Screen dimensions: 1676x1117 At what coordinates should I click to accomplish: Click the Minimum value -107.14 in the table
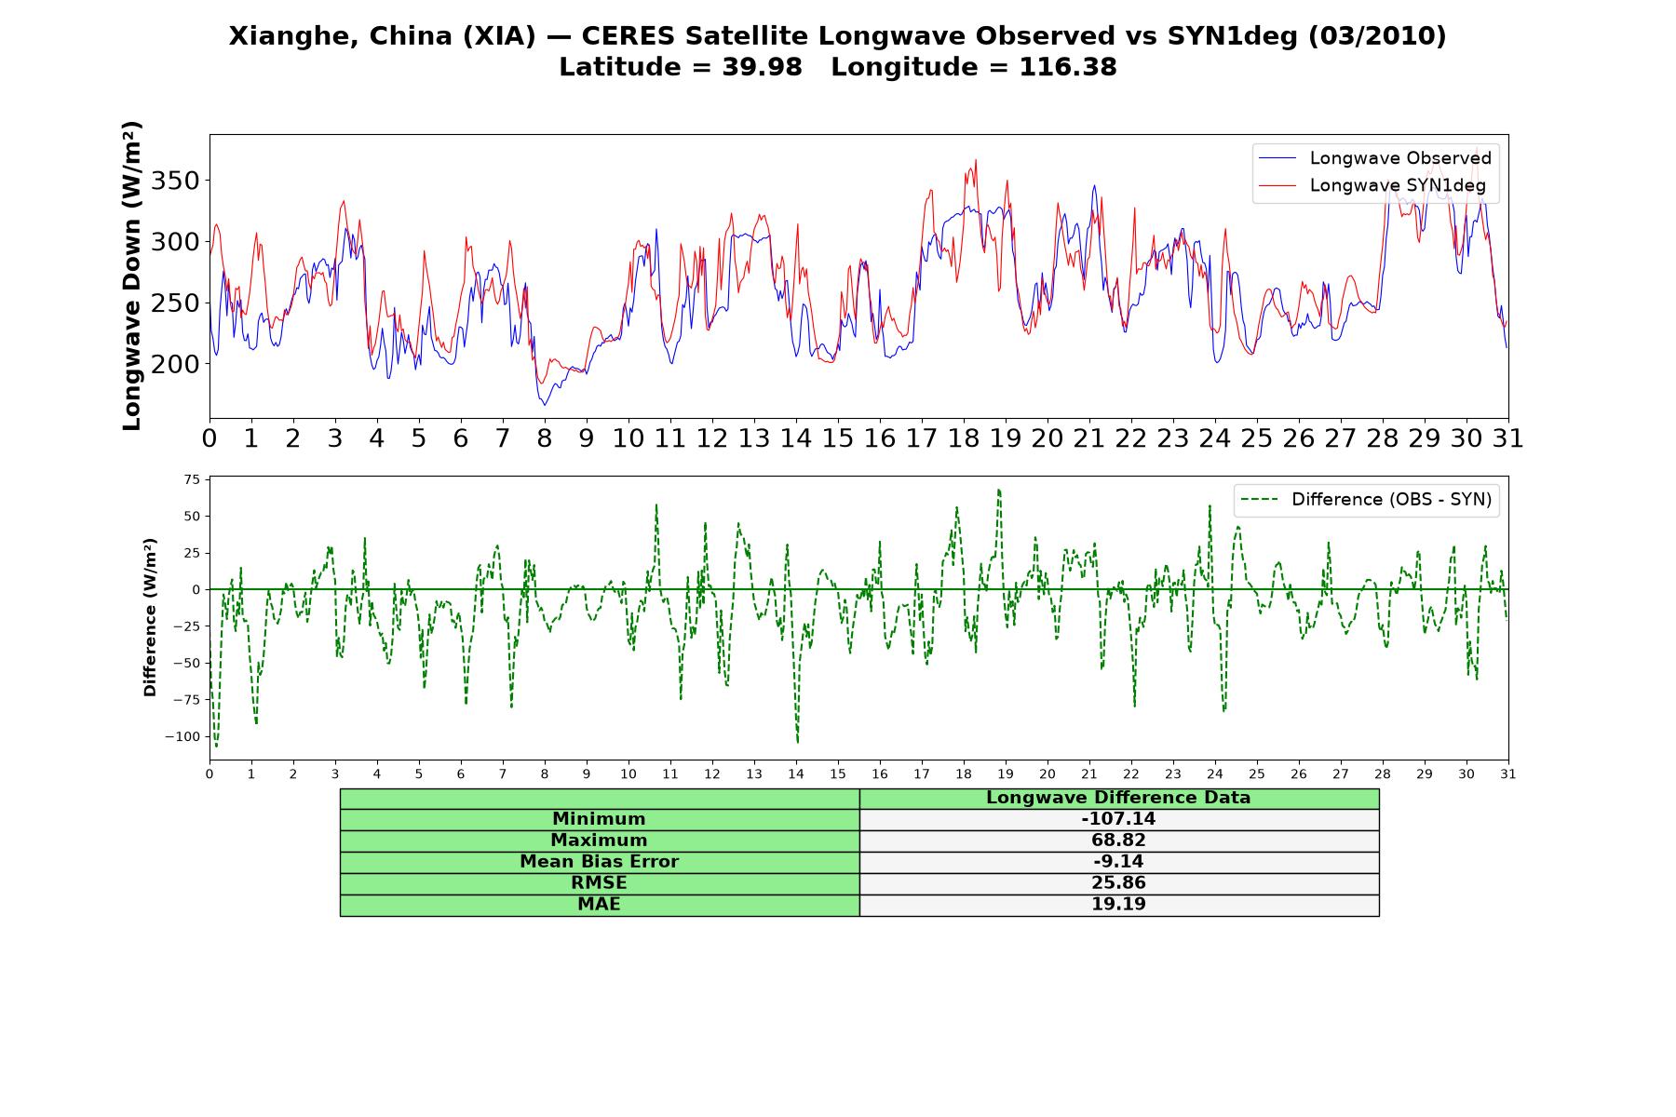point(1118,819)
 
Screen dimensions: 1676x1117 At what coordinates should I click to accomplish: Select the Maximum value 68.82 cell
point(1118,841)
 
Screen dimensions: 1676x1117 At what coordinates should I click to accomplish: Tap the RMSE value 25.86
point(1118,883)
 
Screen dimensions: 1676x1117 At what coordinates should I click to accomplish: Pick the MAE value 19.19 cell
point(1118,905)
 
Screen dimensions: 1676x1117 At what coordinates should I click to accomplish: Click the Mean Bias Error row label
point(599,862)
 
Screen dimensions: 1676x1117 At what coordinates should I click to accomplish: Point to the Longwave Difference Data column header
point(1118,798)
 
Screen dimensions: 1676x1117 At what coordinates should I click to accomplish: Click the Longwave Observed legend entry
point(1374,158)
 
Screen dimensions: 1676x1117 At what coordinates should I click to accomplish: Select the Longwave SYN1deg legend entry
point(1372,185)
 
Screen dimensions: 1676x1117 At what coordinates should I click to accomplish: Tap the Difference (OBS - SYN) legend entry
point(1365,500)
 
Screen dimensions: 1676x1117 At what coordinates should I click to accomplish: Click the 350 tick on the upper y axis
point(175,181)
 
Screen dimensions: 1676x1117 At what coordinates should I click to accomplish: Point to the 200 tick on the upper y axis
point(175,364)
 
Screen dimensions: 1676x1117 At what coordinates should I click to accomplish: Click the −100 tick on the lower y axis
point(182,736)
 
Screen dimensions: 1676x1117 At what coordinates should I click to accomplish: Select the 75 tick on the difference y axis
point(192,479)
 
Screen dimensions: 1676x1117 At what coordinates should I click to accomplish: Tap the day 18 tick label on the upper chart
point(964,438)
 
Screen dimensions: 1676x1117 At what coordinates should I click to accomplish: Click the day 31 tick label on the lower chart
point(1508,774)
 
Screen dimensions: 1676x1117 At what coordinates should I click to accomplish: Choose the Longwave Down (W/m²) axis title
point(132,276)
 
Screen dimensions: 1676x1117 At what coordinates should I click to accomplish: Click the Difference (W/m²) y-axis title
point(150,617)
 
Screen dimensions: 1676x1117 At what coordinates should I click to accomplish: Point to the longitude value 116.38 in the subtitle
point(1068,67)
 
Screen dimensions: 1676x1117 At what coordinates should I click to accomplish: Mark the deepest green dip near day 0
point(217,746)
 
